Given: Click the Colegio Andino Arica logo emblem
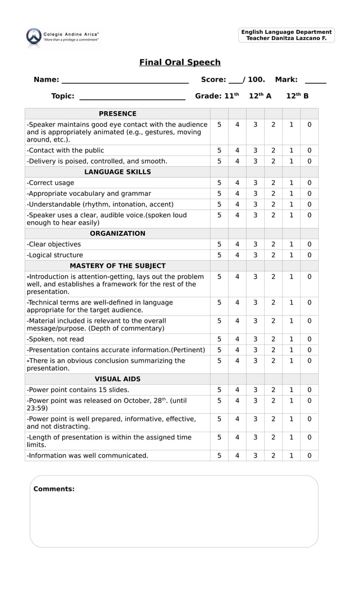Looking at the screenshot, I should (33, 36).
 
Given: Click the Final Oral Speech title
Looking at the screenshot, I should (180, 63).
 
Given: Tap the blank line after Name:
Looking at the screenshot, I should (125, 81).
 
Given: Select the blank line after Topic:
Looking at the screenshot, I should (132, 97).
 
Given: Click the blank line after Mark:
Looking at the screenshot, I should (315, 81).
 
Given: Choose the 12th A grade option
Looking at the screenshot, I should (260, 96).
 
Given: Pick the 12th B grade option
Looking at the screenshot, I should (297, 96).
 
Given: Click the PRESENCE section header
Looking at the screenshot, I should (117, 113).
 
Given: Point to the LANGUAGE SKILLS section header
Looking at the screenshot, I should (117, 172).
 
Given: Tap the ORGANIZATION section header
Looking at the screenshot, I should (117, 233).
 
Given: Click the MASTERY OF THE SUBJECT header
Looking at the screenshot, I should (117, 266).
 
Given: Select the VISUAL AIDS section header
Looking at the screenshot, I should (117, 379).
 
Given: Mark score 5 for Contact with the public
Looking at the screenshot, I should (219, 151).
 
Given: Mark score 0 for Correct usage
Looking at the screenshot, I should (309, 183).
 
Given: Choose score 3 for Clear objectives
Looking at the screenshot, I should (255, 244).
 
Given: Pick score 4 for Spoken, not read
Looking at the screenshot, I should (237, 339).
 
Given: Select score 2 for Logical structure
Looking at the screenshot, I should (273, 255).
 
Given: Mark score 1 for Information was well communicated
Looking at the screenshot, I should (291, 455).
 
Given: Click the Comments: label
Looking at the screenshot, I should (54, 489).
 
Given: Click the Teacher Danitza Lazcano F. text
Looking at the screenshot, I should (287, 38).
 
